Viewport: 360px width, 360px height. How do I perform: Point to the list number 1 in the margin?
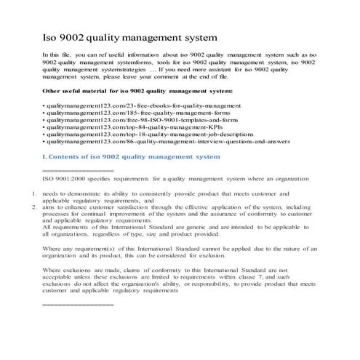point(34,194)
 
